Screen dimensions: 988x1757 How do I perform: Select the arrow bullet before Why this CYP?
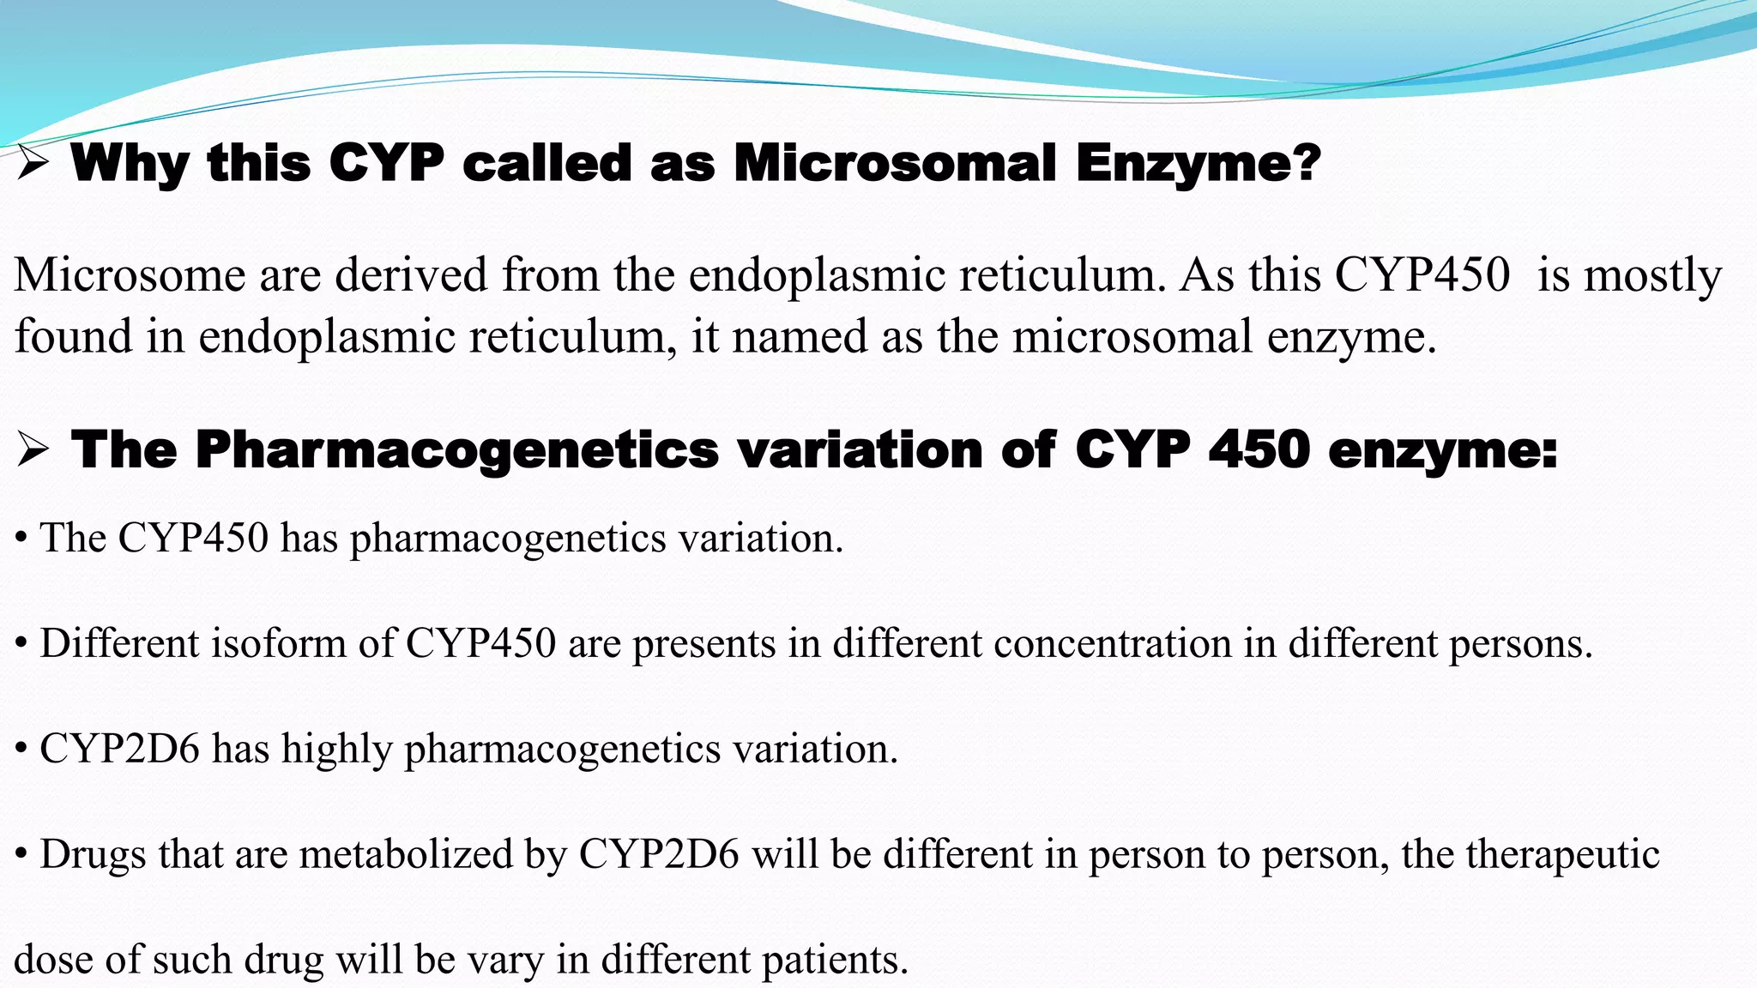click(x=32, y=163)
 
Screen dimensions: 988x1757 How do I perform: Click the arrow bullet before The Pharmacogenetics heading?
click(x=32, y=450)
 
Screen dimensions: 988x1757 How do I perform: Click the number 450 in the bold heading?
click(x=1259, y=449)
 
